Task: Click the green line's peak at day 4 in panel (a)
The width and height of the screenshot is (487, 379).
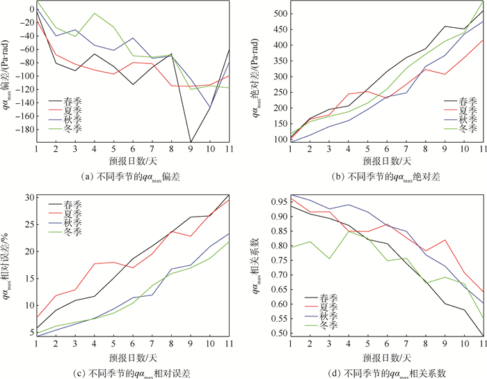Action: [x=95, y=13]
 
